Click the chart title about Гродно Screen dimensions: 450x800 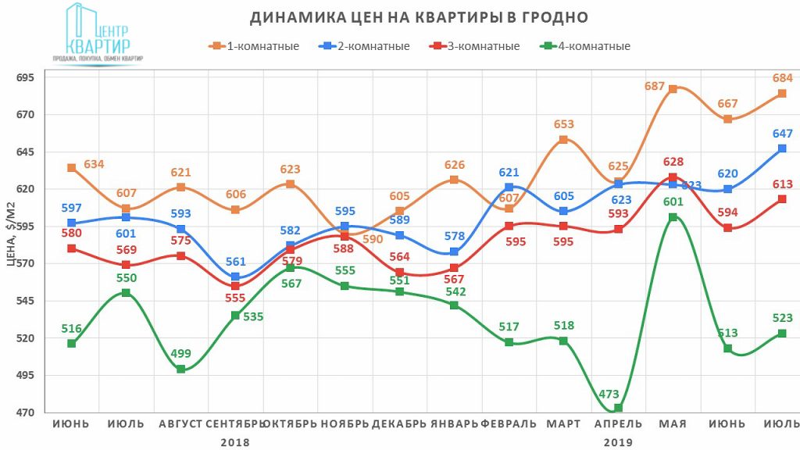418,17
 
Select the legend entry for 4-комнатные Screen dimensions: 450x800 586,46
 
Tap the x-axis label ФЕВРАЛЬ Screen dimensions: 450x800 509,424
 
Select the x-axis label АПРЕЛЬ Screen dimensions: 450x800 618,424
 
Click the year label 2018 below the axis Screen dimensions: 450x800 235,441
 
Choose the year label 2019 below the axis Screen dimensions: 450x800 618,441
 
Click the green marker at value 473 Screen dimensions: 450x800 618,408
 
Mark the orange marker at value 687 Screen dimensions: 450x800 673,89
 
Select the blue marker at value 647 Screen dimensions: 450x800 782,148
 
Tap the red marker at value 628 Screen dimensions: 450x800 673,177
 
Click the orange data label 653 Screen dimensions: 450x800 564,124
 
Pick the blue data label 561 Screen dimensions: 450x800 235,262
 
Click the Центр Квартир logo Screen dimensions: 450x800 98,35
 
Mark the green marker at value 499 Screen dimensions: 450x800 180,369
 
